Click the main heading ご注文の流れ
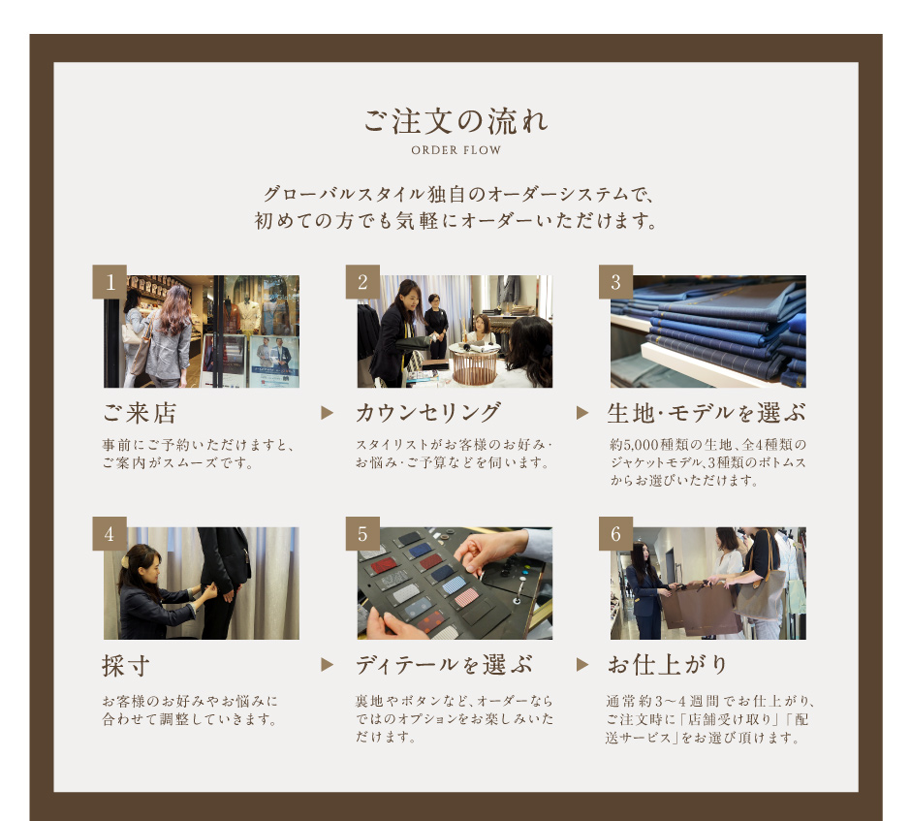455,121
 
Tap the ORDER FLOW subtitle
456,150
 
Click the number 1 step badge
110,282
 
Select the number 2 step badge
362,282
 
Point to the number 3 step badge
615,282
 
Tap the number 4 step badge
110,533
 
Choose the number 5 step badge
362,533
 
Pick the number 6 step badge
615,533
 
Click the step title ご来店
140,413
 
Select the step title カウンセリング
428,413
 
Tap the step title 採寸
126,665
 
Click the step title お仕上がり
668,665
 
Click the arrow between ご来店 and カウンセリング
328,413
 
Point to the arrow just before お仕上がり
582,665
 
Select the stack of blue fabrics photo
708,332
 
